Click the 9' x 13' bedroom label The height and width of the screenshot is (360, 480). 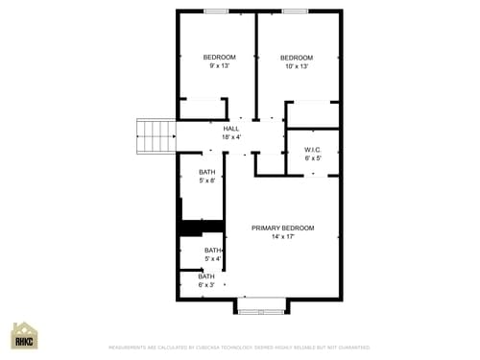point(219,61)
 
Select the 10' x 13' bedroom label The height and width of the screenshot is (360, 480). point(297,61)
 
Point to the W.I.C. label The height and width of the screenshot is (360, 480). point(312,150)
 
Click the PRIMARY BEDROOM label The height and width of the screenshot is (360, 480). point(282,228)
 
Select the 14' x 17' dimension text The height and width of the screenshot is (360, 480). point(282,236)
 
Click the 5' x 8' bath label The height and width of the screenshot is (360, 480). point(207,177)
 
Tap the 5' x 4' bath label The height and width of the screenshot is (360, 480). point(212,254)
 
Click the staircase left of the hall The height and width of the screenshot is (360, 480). point(156,135)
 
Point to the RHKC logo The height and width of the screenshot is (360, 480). point(24,336)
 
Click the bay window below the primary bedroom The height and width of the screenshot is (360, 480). point(260,307)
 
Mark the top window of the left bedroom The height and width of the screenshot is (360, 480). point(216,12)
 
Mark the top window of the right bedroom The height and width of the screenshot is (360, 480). point(295,12)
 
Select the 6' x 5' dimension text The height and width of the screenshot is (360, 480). point(312,158)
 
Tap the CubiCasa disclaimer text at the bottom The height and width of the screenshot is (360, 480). point(239,348)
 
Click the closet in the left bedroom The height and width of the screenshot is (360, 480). point(202,108)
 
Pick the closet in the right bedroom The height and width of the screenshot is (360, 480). point(313,113)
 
